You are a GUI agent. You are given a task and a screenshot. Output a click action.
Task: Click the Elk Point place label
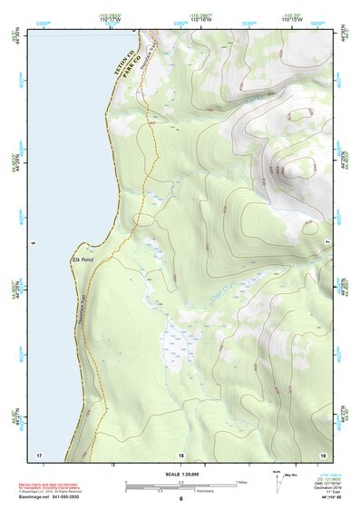coord(83,259)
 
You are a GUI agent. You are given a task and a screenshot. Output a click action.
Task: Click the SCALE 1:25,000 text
coord(180,474)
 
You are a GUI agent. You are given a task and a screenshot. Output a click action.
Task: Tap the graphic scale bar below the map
coord(180,487)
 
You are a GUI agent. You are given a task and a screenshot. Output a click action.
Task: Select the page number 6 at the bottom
coord(180,500)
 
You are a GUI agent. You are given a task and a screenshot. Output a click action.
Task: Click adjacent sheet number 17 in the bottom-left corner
coord(38,454)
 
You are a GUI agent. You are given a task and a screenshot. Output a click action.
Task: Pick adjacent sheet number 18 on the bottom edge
coord(180,454)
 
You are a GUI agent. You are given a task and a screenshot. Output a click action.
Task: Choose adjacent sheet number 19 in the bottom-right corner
coord(322,454)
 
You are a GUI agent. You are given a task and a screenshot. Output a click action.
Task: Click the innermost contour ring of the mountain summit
coord(289,168)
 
